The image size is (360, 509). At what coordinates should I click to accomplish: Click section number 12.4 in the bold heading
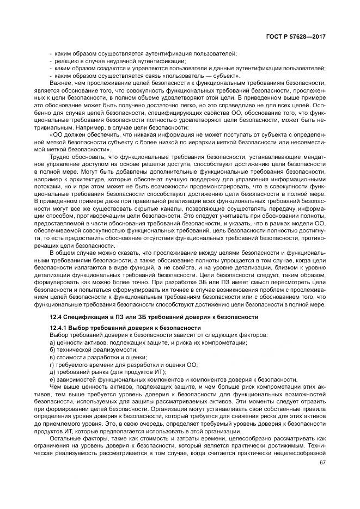click(56, 317)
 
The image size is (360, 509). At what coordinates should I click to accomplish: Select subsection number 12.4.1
click(59, 328)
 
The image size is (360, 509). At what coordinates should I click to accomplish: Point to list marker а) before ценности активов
click(52, 342)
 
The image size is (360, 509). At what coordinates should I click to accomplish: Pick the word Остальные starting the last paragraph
click(65, 437)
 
